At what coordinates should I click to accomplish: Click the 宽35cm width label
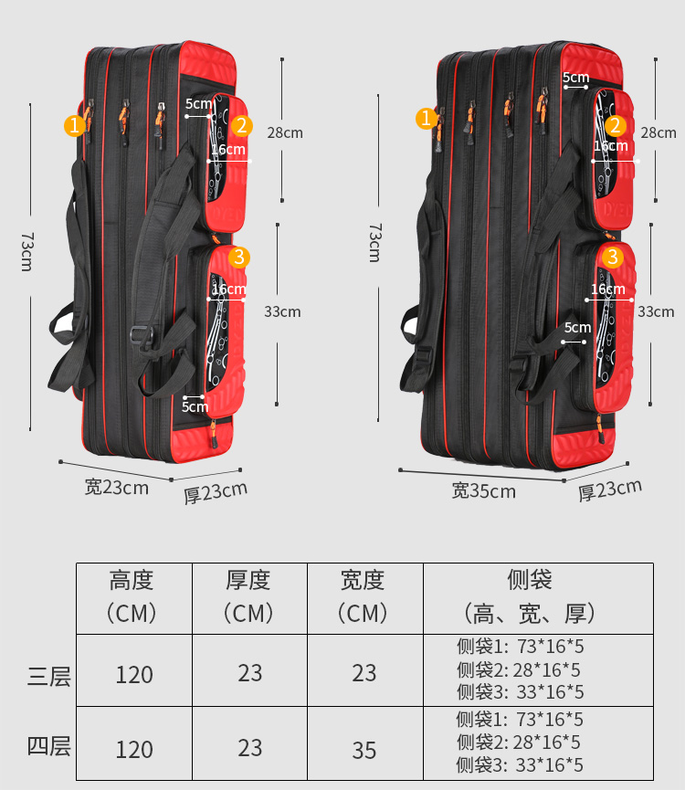click(484, 491)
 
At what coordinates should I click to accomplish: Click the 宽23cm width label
click(116, 487)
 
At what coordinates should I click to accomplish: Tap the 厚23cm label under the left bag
click(216, 491)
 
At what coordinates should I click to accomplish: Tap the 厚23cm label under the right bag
click(610, 490)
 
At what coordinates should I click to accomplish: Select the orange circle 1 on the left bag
click(75, 125)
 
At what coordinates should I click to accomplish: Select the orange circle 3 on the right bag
click(613, 258)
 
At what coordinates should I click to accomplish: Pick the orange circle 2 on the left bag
click(242, 125)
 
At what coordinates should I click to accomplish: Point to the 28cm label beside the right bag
click(659, 132)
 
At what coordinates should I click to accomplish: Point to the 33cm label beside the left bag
click(282, 311)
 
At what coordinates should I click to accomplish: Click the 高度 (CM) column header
click(132, 596)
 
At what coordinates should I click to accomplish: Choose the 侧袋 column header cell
click(530, 596)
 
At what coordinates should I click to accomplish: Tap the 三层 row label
click(49, 677)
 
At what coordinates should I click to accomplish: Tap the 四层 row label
click(49, 746)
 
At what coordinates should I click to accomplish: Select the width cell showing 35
click(364, 750)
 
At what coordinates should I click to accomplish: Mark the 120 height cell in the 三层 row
click(134, 675)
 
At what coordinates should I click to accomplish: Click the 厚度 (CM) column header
click(249, 596)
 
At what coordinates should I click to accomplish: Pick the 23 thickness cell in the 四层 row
click(249, 748)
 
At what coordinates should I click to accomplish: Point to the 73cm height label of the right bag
click(374, 242)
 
